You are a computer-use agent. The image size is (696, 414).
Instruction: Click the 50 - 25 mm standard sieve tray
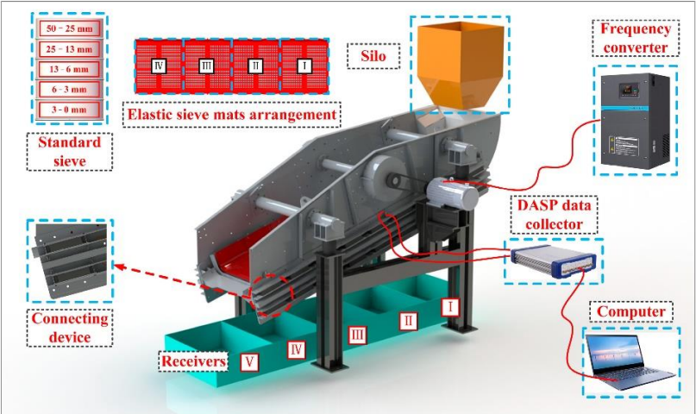tap(69, 28)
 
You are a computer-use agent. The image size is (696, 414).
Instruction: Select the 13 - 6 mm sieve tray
tap(69, 69)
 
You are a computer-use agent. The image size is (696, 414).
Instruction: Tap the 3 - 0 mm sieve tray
tap(69, 110)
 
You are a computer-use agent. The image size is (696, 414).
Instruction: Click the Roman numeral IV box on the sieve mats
tap(159, 66)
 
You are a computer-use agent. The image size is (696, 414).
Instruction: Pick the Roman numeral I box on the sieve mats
tap(304, 66)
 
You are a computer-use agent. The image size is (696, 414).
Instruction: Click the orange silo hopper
tap(460, 66)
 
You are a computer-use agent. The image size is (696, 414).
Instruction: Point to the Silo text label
tap(373, 56)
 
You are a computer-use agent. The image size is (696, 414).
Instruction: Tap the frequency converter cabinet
tap(635, 121)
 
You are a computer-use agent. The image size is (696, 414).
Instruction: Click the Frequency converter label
tap(635, 38)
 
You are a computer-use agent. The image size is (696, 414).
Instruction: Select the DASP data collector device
tap(553, 261)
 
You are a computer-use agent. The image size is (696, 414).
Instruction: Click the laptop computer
tap(630, 362)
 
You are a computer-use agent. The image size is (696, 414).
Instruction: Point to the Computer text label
tap(630, 311)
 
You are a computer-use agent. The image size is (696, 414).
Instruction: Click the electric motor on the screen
tap(452, 193)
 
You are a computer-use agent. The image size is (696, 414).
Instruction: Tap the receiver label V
tap(249, 361)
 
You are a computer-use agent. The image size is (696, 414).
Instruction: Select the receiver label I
tap(450, 306)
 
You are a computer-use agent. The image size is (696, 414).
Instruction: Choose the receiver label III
tap(357, 335)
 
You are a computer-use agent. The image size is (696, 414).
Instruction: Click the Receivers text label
tap(193, 361)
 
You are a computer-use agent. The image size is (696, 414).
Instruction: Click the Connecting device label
tap(70, 328)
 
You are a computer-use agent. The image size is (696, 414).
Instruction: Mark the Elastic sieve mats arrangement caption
tap(232, 115)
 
